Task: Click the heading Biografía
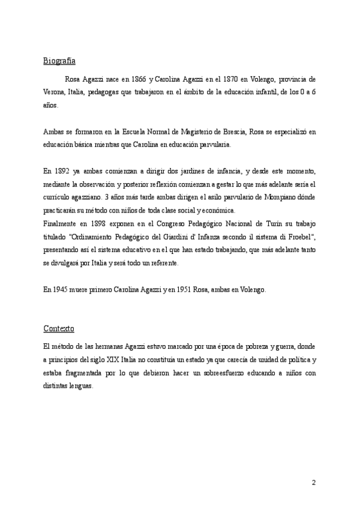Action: pos(59,61)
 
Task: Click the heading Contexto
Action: pos(59,328)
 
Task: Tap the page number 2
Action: pos(313,483)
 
